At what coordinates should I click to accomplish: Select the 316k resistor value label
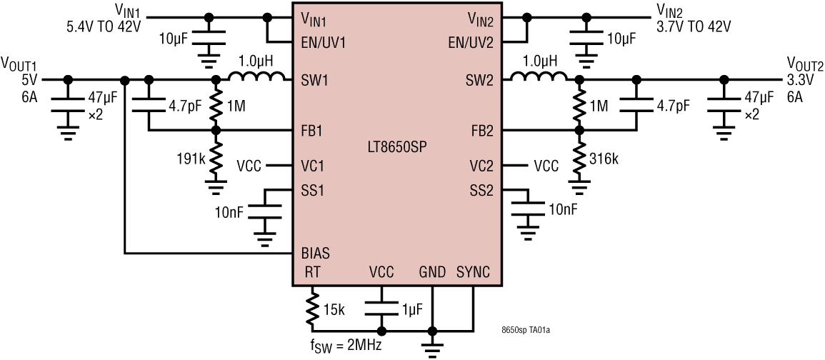click(x=604, y=158)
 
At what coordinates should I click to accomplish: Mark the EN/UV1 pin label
click(x=324, y=42)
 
